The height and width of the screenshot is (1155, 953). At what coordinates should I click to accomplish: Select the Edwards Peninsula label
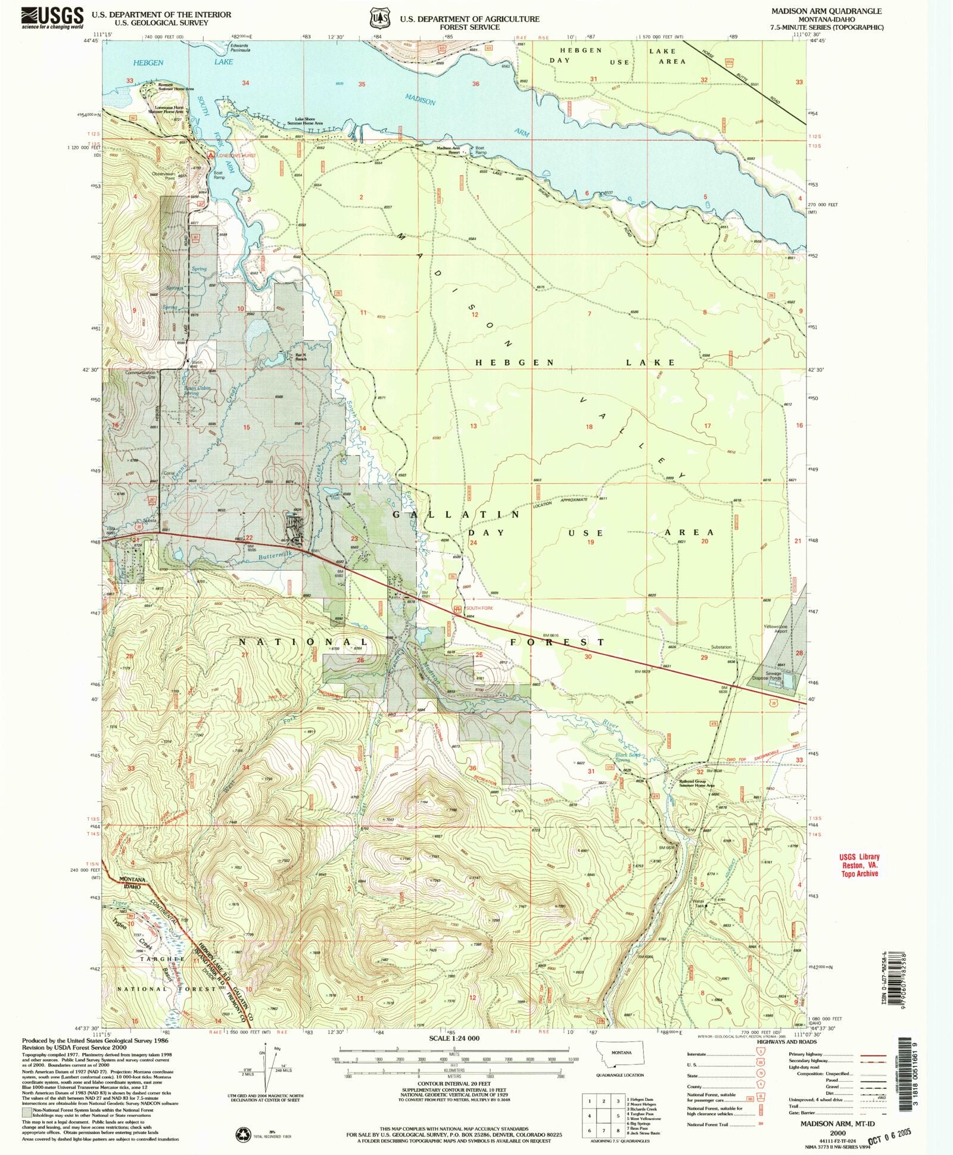click(x=239, y=48)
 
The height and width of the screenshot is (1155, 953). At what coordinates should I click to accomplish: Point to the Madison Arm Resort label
click(x=449, y=150)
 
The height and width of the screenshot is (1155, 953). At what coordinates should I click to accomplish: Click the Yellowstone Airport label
click(x=780, y=629)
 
